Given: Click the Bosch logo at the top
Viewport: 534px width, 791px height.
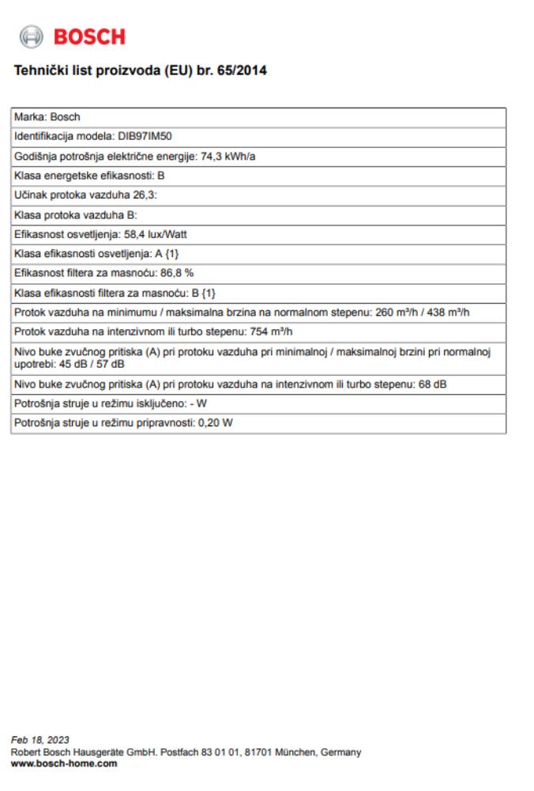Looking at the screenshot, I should pyautogui.click(x=72, y=36).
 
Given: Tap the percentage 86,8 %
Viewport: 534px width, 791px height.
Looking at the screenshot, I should pyautogui.click(x=178, y=272).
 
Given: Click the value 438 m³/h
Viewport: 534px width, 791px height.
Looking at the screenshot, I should pyautogui.click(x=452, y=311).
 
